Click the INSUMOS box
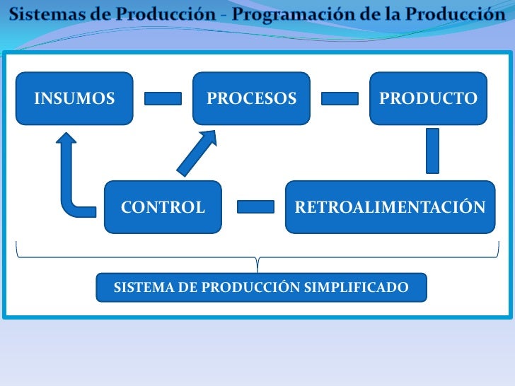pos(74,98)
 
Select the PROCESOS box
pos(251,98)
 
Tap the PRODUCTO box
pos(428,98)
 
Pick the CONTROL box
pos(163,207)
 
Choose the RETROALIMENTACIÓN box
pos(390,207)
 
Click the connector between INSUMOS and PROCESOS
pos(163,98)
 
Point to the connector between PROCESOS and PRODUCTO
pos(340,98)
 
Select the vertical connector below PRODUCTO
pos(432,151)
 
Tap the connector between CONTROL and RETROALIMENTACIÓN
pos(255,207)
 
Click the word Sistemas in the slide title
pos(44,13)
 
